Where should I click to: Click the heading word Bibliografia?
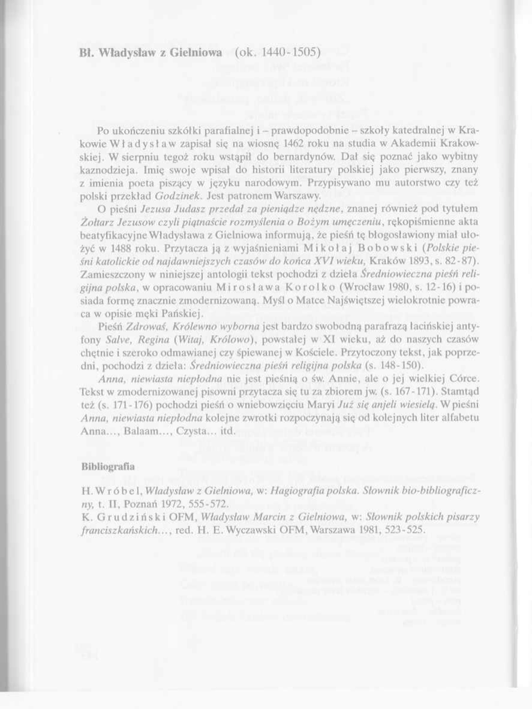[107, 466]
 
